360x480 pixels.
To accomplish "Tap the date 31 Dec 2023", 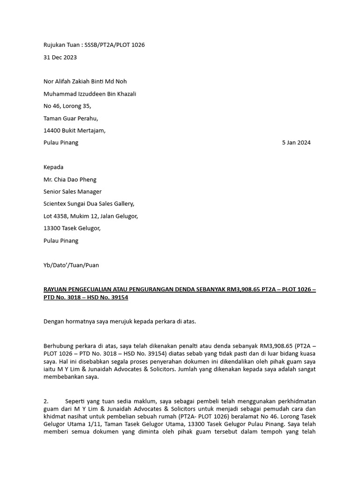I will pos(60,58).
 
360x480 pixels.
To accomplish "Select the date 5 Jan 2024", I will pos(296,143).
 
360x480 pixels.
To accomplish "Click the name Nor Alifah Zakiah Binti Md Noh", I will pos(85,82).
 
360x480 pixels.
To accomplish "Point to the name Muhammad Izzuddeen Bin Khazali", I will pos(90,94).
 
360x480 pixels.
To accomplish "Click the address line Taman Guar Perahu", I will pos(71,119).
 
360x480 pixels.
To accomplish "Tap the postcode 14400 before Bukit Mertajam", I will pos(52,131).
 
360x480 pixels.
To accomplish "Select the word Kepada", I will pos(53,167).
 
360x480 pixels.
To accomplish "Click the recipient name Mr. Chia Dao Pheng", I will pos(70,180).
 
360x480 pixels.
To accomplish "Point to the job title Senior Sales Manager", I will pos(73,192).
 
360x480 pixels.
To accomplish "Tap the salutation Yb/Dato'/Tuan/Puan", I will pos(71,265).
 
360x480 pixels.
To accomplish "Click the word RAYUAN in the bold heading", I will pos(56,290).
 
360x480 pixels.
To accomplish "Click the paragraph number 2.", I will pos(46,402).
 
